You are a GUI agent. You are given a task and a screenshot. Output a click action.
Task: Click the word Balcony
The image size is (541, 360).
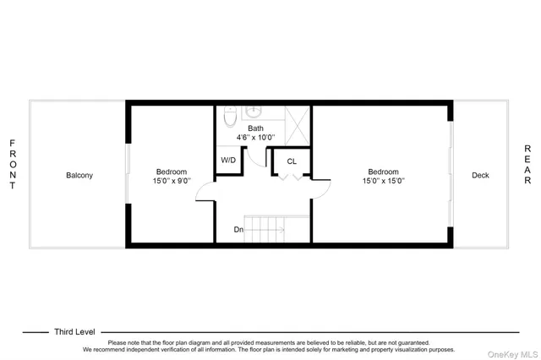(x=79, y=176)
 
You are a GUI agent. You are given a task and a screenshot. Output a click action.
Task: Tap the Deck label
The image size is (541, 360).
(x=480, y=176)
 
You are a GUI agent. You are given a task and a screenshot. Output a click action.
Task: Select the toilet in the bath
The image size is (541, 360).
(x=229, y=120)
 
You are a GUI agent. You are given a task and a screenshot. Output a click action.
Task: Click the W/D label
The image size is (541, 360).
(x=228, y=160)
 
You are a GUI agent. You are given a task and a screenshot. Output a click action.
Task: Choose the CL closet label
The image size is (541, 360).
(x=292, y=161)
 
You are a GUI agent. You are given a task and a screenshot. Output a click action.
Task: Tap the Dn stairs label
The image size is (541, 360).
(x=240, y=229)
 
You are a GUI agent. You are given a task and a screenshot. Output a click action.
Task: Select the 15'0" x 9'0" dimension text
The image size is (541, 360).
(x=172, y=181)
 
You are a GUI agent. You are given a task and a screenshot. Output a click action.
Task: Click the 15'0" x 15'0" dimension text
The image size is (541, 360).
(x=383, y=181)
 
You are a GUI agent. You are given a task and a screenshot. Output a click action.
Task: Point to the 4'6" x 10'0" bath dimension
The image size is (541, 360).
(x=255, y=138)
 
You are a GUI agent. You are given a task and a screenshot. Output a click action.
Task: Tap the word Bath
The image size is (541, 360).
(x=255, y=128)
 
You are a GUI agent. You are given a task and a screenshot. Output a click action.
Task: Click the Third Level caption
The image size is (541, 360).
(x=74, y=332)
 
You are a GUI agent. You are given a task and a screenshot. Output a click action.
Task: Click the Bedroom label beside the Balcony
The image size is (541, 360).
(x=172, y=172)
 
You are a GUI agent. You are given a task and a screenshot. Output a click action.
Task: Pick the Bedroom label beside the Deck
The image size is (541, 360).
(x=383, y=172)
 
